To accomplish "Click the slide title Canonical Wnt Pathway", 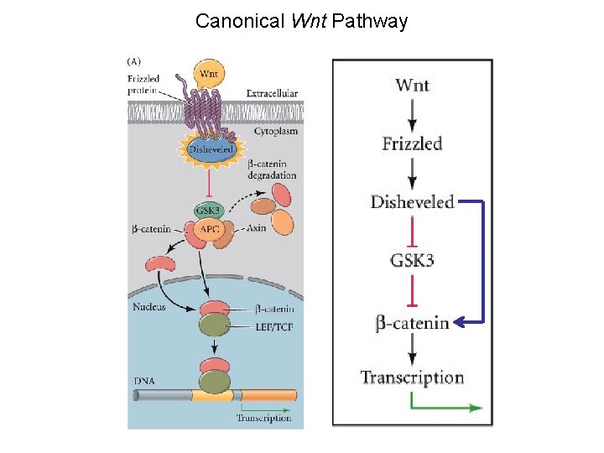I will point(301,21).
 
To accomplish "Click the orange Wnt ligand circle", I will point(208,74).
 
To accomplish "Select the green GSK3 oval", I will point(206,210).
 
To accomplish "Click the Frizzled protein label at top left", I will point(145,85).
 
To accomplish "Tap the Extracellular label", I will point(272,93).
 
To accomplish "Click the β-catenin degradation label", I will point(272,169).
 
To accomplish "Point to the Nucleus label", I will point(148,306).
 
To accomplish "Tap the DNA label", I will point(143,380).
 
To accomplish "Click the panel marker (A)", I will point(134,60).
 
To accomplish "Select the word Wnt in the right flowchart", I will point(412,85).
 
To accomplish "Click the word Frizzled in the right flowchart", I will point(412,143).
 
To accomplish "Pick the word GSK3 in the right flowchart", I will point(412,260).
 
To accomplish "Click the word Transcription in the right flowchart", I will point(412,377).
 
